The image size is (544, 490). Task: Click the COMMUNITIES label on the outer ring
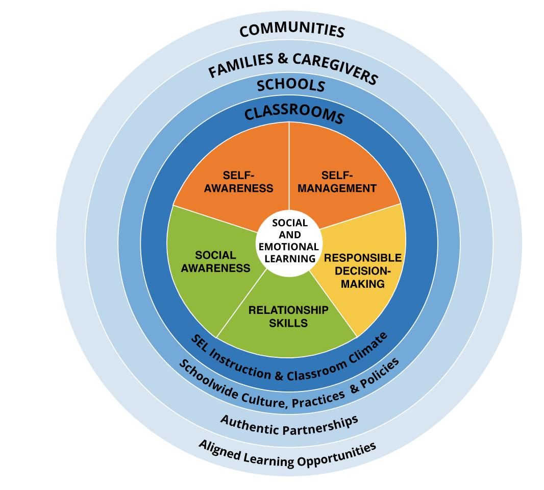click(292, 30)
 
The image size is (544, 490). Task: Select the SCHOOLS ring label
click(291, 85)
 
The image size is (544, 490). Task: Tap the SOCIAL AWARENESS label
click(215, 261)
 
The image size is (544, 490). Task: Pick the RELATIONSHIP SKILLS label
click(288, 316)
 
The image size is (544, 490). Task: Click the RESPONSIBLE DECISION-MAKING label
click(363, 271)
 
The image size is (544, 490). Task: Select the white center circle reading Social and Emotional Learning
click(290, 240)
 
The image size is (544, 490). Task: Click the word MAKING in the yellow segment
click(363, 283)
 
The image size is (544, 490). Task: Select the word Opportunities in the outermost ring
click(338, 453)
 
